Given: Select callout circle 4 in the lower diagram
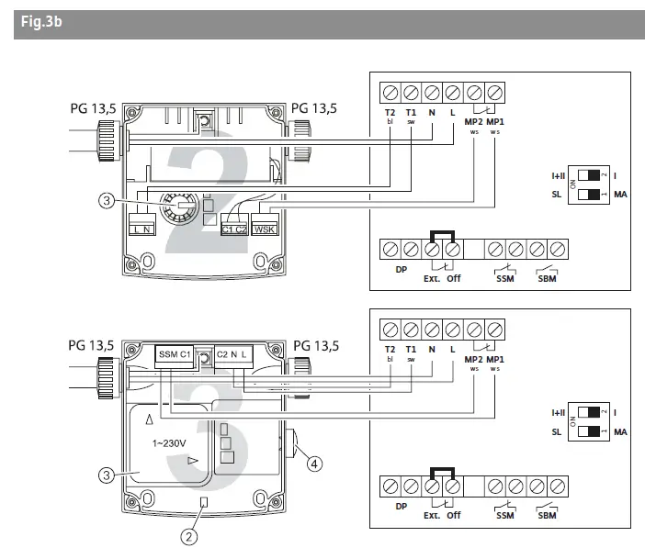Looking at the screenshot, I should [314, 464].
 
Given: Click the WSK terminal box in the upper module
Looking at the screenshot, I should [264, 229].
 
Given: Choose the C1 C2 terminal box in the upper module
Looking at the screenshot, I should [233, 229].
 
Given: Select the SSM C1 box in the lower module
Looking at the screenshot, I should [174, 353].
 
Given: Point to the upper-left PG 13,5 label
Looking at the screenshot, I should [92, 108].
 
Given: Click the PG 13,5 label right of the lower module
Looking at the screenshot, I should [315, 346].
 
